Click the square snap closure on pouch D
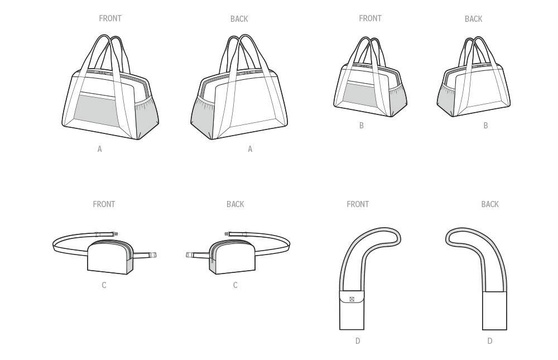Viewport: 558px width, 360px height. pyautogui.click(x=352, y=299)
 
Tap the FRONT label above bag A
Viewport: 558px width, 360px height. pyautogui.click(x=110, y=18)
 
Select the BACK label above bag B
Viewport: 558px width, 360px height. pyautogui.click(x=473, y=19)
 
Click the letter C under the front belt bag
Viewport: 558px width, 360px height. pyautogui.click(x=104, y=285)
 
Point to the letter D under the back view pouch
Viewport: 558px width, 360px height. pyautogui.click(x=490, y=341)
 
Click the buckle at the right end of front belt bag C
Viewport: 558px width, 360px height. pyautogui.click(x=153, y=255)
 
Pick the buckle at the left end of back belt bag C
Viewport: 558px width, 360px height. pyautogui.click(x=189, y=255)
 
